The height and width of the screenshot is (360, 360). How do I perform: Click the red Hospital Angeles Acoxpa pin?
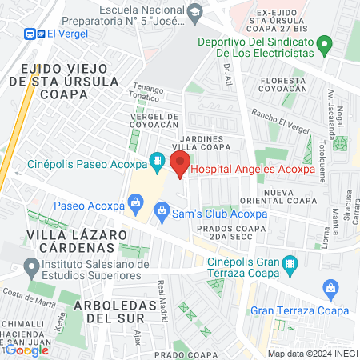pos(180,166)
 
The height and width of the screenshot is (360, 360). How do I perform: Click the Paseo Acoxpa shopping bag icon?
pos(135,205)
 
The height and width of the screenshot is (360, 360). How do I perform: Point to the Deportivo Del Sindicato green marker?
pos(324,43)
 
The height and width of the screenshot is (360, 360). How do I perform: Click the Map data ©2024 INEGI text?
pos(311,353)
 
